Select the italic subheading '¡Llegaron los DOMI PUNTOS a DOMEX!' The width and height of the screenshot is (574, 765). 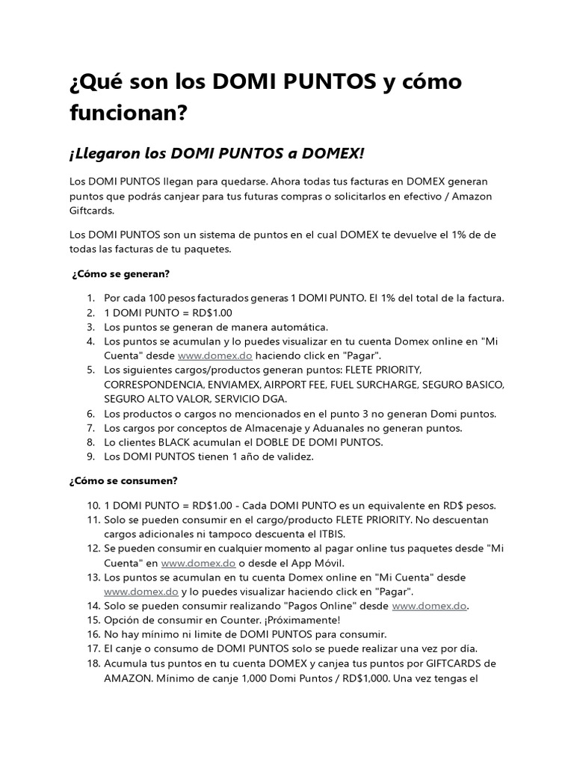(217, 153)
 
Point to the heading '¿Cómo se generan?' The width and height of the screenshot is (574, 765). (121, 274)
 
